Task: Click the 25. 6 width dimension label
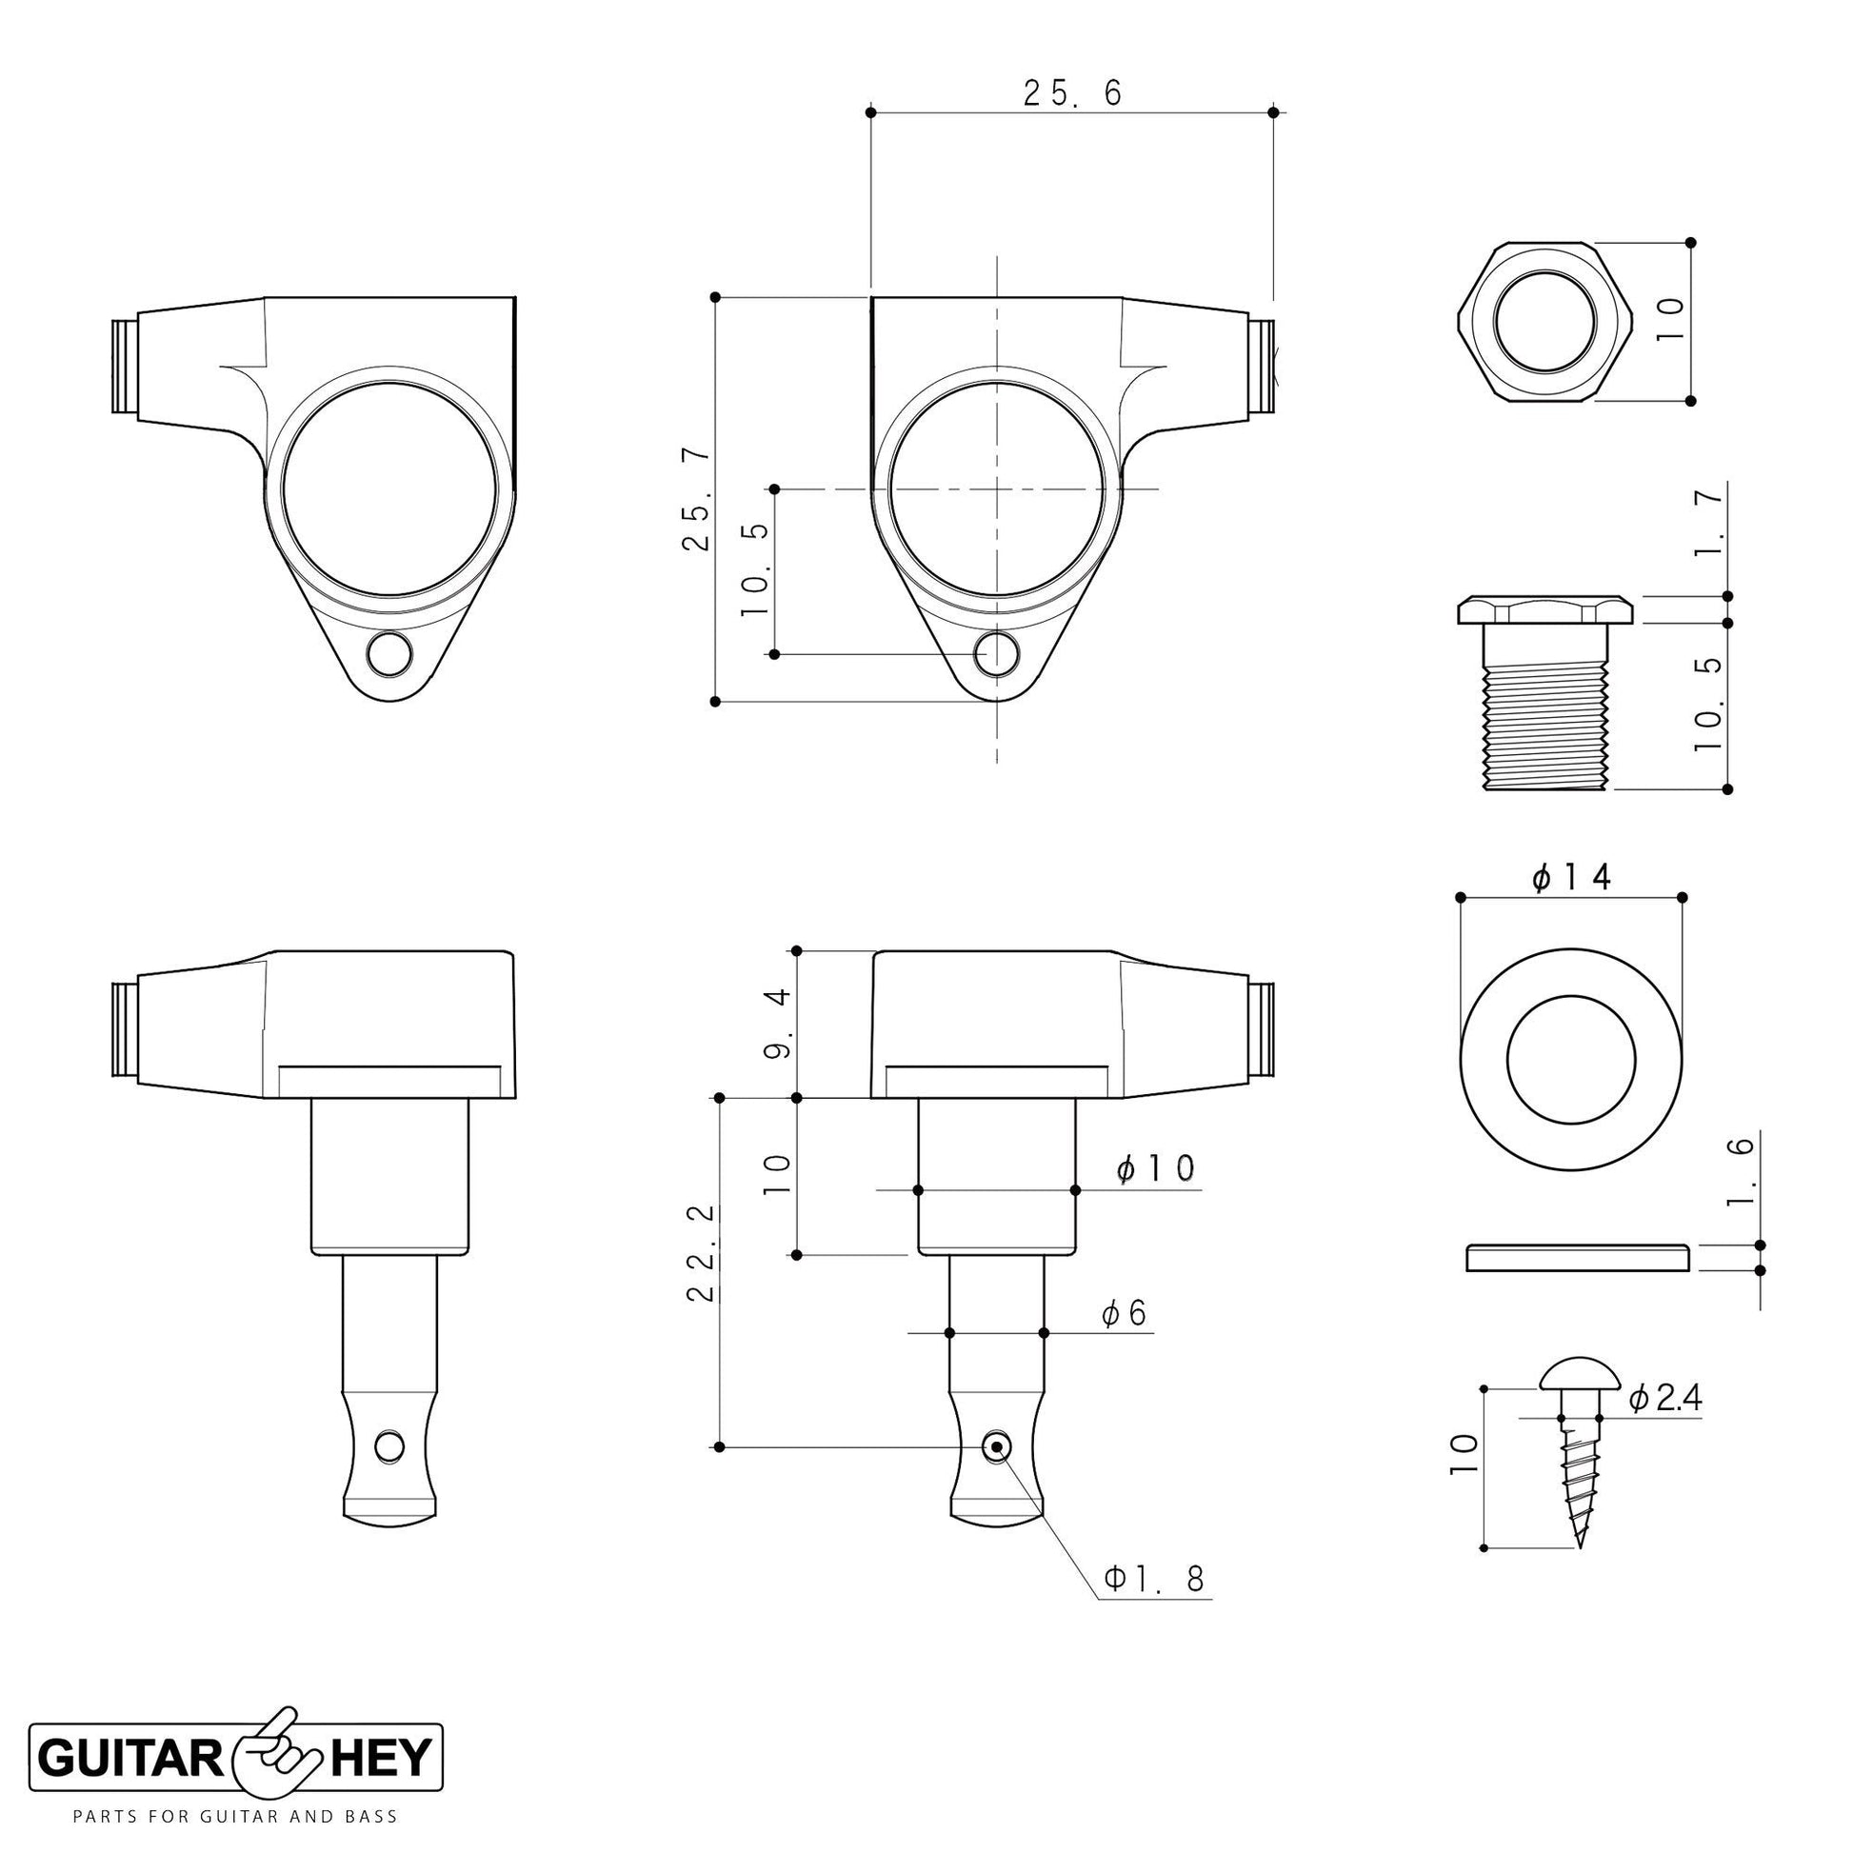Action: [x=1072, y=92]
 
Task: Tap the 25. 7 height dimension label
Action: [x=696, y=500]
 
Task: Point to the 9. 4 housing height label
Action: [x=777, y=1024]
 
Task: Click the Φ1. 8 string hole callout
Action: [x=1154, y=1579]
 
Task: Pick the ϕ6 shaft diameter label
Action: [x=1124, y=1313]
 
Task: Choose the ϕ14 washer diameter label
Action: [x=1572, y=877]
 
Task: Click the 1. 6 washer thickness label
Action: [x=1743, y=1172]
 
